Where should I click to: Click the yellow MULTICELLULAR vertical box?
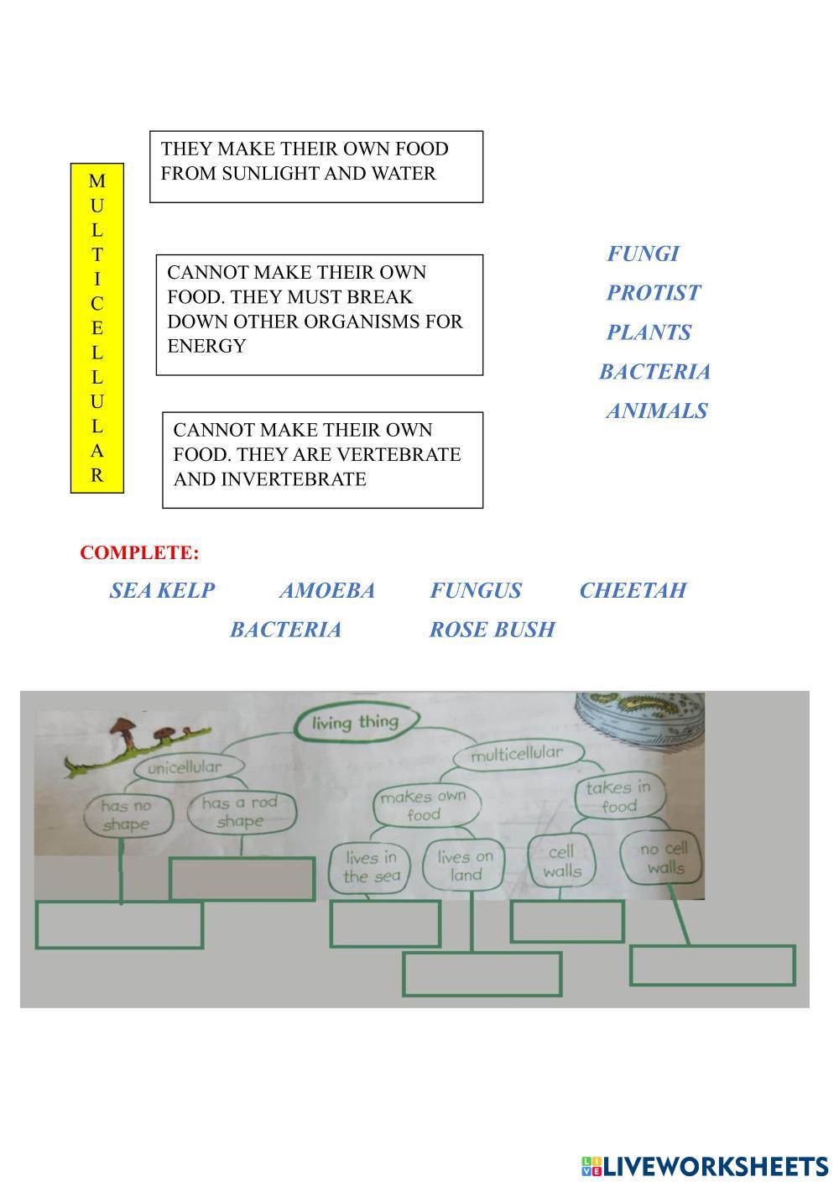(x=96, y=327)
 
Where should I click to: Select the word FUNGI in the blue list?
(x=643, y=254)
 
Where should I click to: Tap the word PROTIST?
(x=653, y=293)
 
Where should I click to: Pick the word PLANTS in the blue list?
(x=649, y=332)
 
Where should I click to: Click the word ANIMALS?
(x=656, y=411)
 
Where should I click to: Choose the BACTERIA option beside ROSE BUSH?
(x=285, y=630)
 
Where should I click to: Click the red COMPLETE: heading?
(x=139, y=553)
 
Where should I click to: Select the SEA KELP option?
(x=162, y=591)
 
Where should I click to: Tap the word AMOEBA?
(x=326, y=591)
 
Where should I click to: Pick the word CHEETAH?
(x=633, y=591)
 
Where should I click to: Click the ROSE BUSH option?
(x=492, y=630)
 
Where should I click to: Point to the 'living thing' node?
(x=355, y=722)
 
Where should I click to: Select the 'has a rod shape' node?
(x=239, y=812)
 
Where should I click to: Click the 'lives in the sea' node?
(x=372, y=866)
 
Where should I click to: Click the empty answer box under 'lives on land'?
(x=482, y=974)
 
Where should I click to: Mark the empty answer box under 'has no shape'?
(x=119, y=925)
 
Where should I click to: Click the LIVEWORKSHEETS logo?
(x=704, y=1166)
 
